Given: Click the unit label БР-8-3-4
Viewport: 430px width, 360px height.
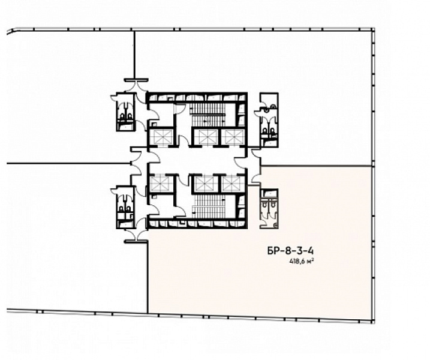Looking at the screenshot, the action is coord(290,251).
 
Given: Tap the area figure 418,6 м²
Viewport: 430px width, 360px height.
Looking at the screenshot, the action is coord(302,262).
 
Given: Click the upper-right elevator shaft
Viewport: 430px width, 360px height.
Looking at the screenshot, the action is coord(233,137).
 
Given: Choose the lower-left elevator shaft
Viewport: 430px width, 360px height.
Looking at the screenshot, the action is coord(162,184).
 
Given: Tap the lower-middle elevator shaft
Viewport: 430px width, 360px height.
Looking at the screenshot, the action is coord(206,184).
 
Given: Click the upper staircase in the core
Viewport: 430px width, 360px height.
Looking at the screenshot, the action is coord(208,115).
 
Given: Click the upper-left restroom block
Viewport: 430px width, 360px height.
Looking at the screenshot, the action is coord(125,112).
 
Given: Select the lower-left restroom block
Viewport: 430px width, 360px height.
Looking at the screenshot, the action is coord(125,207).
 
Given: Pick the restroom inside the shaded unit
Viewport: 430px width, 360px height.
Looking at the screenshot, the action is coord(269,209).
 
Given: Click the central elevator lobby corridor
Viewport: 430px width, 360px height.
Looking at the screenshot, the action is coord(196,160).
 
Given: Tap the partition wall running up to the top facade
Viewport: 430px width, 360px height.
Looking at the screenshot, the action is coord(134,55).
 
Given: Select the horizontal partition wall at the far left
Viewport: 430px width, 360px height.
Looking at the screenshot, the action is coord(68,164).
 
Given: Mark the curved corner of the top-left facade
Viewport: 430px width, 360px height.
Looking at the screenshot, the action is coord(11,31).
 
